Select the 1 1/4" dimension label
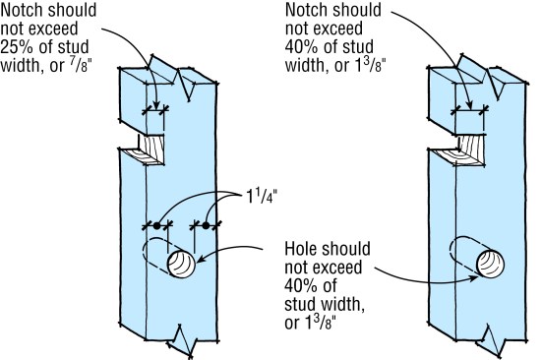click(x=262, y=197)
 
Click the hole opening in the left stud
click(x=181, y=264)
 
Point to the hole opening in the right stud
click(x=490, y=264)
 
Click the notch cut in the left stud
click(x=145, y=150)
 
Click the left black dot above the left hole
click(x=157, y=225)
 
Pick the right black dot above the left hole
click(x=206, y=225)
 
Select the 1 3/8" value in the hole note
click(x=320, y=323)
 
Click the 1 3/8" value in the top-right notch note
click(x=371, y=65)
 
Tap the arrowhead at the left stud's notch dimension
click(x=156, y=106)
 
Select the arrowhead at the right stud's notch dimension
click(x=469, y=106)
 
